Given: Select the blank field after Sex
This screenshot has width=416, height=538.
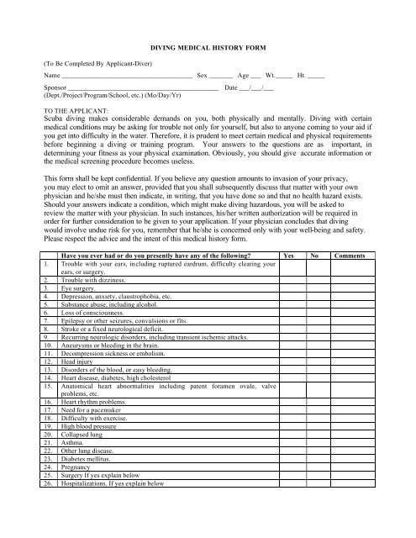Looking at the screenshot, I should click(x=221, y=76).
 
